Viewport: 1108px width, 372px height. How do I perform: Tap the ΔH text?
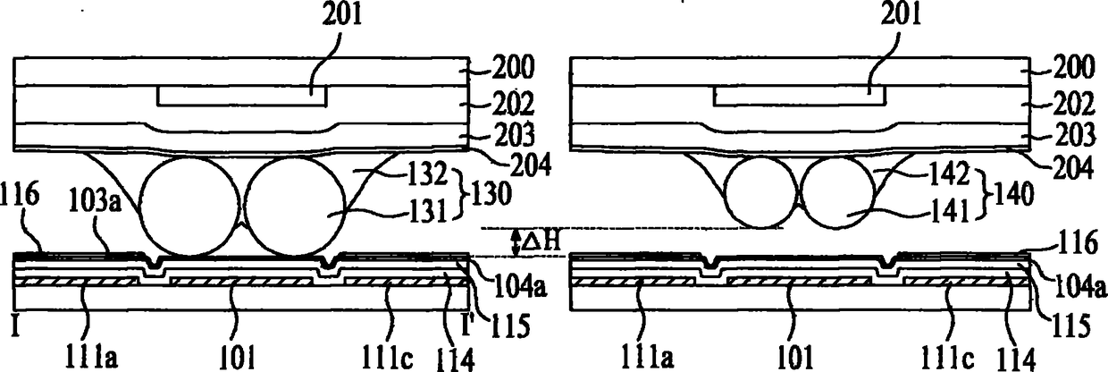(x=542, y=241)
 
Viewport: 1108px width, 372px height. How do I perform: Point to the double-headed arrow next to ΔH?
(x=516, y=242)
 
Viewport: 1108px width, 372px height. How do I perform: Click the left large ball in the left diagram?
(x=191, y=207)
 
